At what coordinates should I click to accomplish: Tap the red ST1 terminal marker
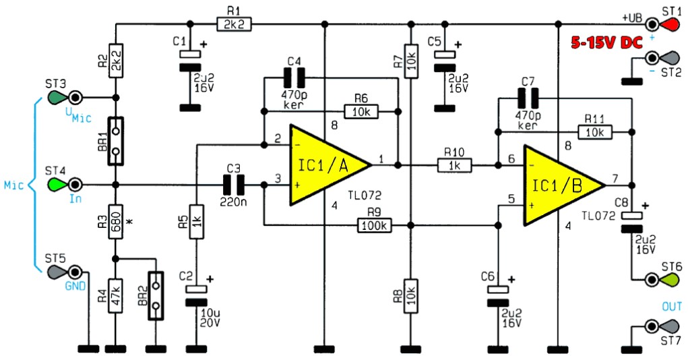coord(666,24)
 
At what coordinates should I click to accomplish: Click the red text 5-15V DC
coord(606,42)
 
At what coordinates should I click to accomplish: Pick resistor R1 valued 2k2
coord(234,24)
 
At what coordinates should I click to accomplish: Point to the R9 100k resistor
coord(374,226)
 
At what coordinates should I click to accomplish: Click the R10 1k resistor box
coord(455,166)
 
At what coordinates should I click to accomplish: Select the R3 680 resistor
coord(116,221)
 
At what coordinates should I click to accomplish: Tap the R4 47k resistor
coord(116,296)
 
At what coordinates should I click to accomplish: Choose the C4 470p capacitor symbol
coord(294,78)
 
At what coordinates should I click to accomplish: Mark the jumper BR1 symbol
coord(116,141)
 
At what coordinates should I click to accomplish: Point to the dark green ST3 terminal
coord(59,96)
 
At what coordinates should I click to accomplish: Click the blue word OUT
coord(672,307)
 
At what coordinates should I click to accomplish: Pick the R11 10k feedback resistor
coord(595,131)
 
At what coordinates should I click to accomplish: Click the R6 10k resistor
coord(361,111)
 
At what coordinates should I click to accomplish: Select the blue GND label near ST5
coord(75,287)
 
